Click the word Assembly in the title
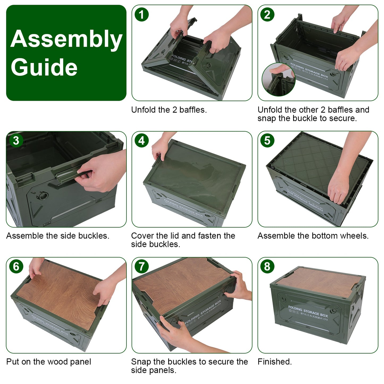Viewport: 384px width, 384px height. (x=66, y=39)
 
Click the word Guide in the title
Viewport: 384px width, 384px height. (x=44, y=67)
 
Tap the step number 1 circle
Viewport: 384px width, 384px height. (x=142, y=15)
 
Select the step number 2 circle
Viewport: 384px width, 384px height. (x=267, y=15)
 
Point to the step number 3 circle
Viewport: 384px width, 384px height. (x=16, y=141)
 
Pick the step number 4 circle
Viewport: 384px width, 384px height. (x=142, y=141)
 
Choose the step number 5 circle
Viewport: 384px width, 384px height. (x=267, y=141)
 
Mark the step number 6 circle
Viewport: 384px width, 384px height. (x=16, y=267)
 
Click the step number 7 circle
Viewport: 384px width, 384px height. (x=142, y=267)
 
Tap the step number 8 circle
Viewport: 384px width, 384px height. (x=267, y=267)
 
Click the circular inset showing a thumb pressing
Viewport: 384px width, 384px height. (x=278, y=79)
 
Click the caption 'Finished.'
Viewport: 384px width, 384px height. (x=275, y=362)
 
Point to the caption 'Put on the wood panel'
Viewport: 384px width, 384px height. (x=49, y=362)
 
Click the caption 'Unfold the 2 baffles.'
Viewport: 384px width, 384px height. (x=169, y=110)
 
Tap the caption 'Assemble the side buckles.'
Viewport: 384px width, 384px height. (x=58, y=236)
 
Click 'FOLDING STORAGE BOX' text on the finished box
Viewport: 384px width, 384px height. (x=308, y=311)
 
